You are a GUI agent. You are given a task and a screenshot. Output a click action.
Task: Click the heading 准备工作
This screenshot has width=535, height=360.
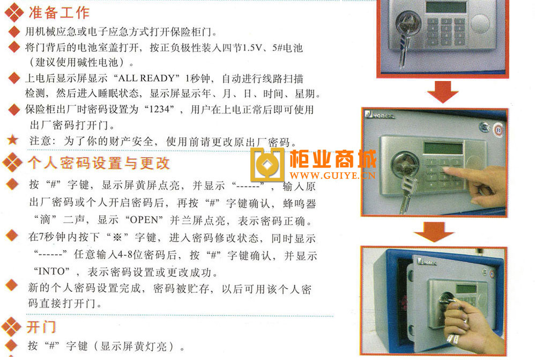[x=59, y=13]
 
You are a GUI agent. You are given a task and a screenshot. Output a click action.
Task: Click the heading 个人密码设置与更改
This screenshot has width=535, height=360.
[x=99, y=163]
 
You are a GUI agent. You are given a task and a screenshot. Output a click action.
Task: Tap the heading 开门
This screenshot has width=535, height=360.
[x=41, y=327]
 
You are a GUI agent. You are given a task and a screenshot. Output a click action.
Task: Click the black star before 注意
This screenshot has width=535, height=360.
[x=13, y=139]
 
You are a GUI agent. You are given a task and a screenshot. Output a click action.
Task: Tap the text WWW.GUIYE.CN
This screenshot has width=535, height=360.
[x=333, y=175]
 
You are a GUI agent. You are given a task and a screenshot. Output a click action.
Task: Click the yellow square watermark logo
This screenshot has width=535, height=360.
[x=267, y=165]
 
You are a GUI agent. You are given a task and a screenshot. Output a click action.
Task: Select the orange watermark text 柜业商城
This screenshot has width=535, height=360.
[x=333, y=159]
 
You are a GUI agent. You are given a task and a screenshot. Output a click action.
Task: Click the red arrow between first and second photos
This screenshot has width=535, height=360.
[x=443, y=92]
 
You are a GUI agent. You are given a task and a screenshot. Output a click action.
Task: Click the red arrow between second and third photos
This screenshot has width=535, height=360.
[x=434, y=232]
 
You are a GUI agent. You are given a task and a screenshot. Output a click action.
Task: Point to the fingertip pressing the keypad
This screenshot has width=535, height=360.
[x=445, y=170]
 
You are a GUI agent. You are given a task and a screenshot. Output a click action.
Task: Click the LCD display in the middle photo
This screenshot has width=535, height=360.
[x=443, y=148]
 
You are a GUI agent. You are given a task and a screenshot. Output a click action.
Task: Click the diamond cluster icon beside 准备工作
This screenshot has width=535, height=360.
[x=14, y=12]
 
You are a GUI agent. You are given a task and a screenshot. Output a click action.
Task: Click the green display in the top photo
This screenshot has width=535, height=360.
[x=446, y=6]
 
